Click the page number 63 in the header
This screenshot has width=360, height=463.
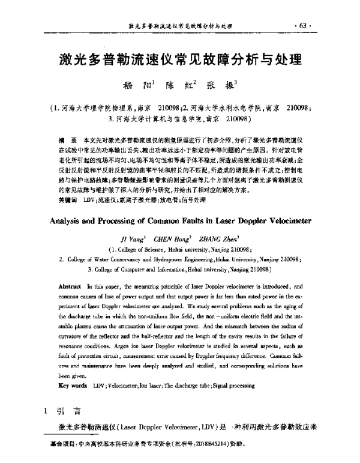[298, 26]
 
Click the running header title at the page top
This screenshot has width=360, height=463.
[181, 26]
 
